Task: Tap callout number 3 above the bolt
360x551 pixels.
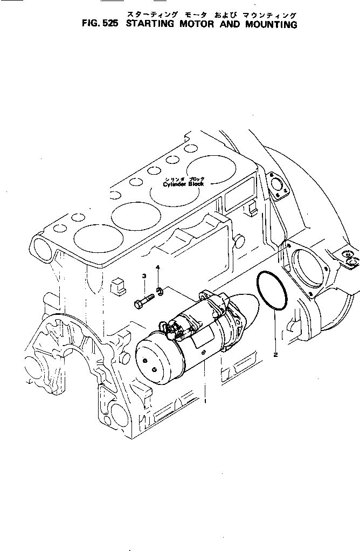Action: coord(144,277)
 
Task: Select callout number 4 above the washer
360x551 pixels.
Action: coord(158,268)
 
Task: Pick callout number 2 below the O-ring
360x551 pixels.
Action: coord(275,354)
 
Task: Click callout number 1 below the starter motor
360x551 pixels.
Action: coord(206,400)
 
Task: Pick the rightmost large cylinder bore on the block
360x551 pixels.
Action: coord(212,171)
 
